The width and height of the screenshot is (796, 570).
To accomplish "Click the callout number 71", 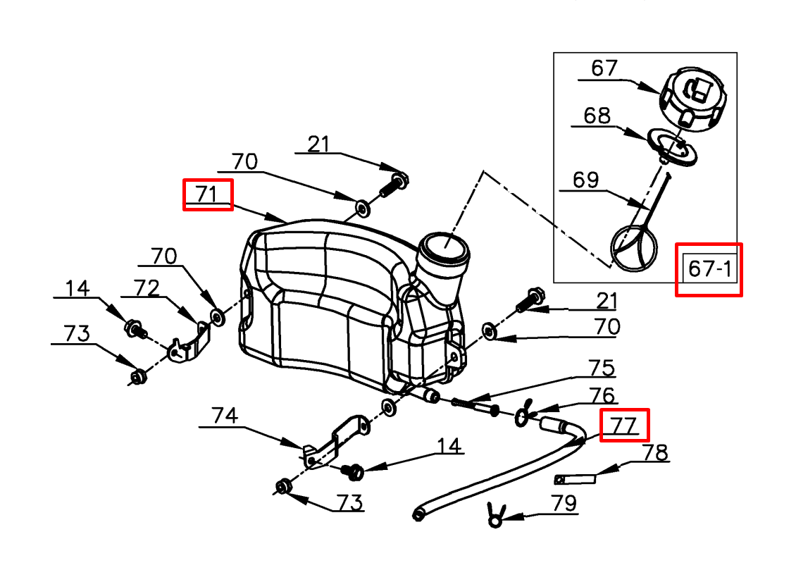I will pyautogui.click(x=207, y=194).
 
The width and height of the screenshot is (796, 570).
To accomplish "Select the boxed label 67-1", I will pyautogui.click(x=708, y=268).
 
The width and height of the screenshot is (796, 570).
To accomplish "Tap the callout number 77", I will pyautogui.click(x=623, y=425).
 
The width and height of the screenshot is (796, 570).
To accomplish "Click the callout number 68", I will pyautogui.click(x=597, y=116).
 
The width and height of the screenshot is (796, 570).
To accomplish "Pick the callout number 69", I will pyautogui.click(x=585, y=180).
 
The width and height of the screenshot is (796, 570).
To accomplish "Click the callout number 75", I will pyautogui.click(x=602, y=368).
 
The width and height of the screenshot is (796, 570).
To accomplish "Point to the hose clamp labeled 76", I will pyautogui.click(x=523, y=414).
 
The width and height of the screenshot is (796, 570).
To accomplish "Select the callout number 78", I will pyautogui.click(x=655, y=452).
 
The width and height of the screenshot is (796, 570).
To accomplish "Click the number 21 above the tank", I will pyautogui.click(x=318, y=144).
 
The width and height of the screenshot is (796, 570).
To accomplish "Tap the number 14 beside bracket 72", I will pyautogui.click(x=78, y=288).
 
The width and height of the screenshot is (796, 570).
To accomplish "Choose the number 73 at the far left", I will pyautogui.click(x=76, y=333).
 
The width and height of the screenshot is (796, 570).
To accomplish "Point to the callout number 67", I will pyautogui.click(x=604, y=68).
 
